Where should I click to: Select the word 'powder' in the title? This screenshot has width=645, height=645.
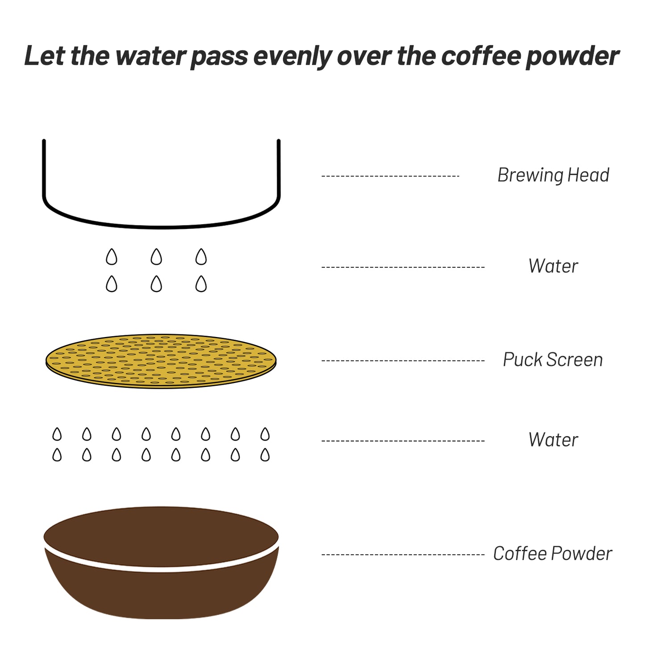coord(572,57)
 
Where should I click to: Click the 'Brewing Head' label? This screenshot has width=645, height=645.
coord(553,175)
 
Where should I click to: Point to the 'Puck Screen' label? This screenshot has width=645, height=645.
coord(553,360)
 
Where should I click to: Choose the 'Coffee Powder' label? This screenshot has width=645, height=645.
coord(553,553)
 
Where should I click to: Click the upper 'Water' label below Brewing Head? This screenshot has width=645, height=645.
coord(553,266)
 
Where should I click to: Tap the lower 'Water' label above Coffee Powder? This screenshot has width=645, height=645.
coord(553,440)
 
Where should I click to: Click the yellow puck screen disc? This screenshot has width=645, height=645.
coord(161,361)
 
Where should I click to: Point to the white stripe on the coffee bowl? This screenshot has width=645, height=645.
coord(161,569)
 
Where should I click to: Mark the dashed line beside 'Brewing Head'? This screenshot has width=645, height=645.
coord(390,176)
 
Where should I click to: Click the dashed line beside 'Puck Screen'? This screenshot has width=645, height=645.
coord(403,361)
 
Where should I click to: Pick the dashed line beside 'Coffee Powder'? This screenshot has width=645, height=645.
coord(403,555)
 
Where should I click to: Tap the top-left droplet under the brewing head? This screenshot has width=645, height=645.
coord(112,257)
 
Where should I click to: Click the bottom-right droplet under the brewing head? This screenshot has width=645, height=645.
coord(201,284)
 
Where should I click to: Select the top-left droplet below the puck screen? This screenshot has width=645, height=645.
coord(57,434)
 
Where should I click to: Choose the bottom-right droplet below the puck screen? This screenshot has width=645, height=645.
coord(265,454)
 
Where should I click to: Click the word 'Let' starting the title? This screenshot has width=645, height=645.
coord(45,55)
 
